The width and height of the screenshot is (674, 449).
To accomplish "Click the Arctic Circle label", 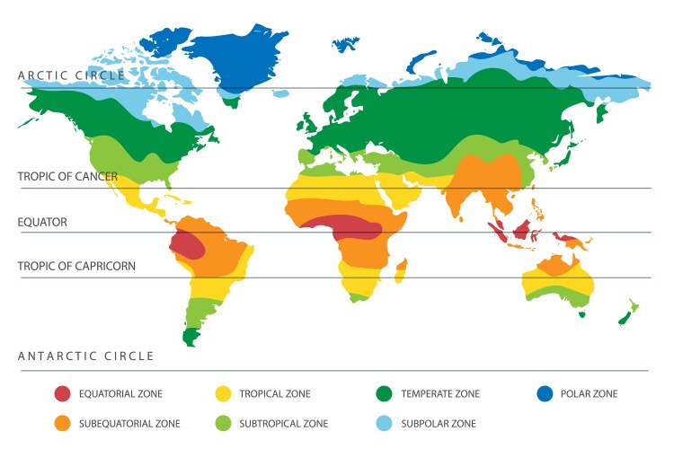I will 72,76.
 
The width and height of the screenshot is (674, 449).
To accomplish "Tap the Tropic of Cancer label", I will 67,177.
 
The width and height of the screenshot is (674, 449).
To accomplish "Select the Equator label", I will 42,222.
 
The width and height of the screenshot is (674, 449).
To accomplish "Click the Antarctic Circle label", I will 86,357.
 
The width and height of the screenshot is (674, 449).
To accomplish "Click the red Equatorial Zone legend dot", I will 62,393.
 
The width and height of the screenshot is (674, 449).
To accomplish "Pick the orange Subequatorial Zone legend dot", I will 62,423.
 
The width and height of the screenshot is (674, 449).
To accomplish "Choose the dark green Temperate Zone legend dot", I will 384,393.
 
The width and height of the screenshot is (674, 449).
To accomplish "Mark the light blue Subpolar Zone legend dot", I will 384,423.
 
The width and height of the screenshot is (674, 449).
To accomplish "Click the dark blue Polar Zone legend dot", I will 544,393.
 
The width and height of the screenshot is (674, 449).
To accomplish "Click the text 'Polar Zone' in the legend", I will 589,393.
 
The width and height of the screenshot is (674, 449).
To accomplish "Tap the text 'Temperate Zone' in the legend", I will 440,393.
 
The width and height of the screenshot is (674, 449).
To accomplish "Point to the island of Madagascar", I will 402,267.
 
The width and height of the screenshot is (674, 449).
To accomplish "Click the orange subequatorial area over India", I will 485,184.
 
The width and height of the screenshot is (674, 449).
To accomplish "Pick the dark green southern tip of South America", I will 190,336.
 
